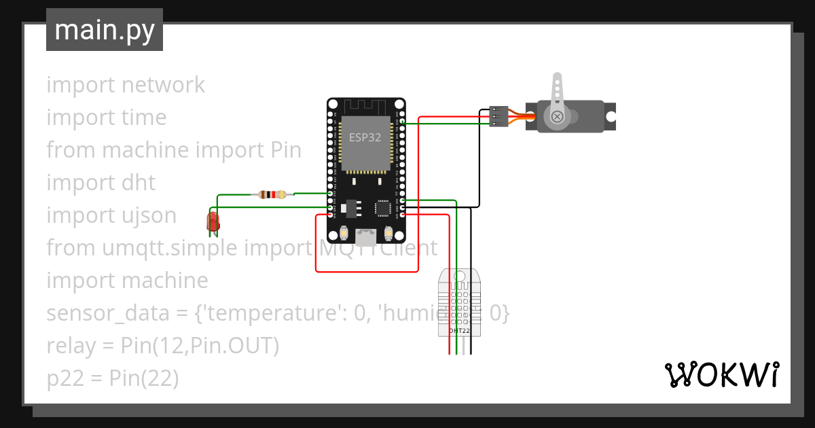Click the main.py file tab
click(x=104, y=30)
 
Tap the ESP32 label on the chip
click(x=365, y=137)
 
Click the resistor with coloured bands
click(x=272, y=194)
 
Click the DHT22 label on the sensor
click(x=460, y=330)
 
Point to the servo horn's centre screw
click(x=557, y=117)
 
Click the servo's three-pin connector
click(x=499, y=117)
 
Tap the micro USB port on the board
click(x=367, y=236)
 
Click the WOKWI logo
click(x=721, y=374)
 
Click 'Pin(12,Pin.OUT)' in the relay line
click(x=200, y=346)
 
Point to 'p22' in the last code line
click(x=61, y=378)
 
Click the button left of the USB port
click(x=346, y=233)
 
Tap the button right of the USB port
click(x=388, y=233)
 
